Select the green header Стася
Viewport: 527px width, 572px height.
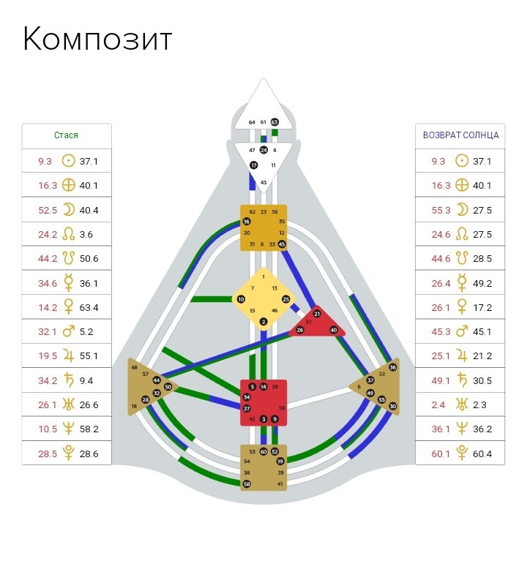[66, 135]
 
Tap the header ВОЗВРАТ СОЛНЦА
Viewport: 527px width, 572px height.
[461, 135]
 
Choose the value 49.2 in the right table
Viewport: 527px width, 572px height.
[483, 283]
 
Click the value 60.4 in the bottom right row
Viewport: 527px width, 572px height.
[483, 454]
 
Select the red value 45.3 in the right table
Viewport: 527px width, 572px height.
[441, 331]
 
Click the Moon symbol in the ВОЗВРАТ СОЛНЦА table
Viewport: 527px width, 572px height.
[461, 210]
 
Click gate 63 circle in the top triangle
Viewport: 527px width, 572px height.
[274, 122]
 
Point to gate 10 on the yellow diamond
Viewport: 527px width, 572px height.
[241, 299]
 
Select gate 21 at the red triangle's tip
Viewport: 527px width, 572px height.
[317, 314]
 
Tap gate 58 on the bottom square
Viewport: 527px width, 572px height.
[247, 483]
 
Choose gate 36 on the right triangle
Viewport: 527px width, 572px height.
[393, 367]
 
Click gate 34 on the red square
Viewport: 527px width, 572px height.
[247, 397]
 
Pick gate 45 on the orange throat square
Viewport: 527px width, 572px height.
[282, 244]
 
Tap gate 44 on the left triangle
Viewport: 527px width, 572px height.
[157, 380]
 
